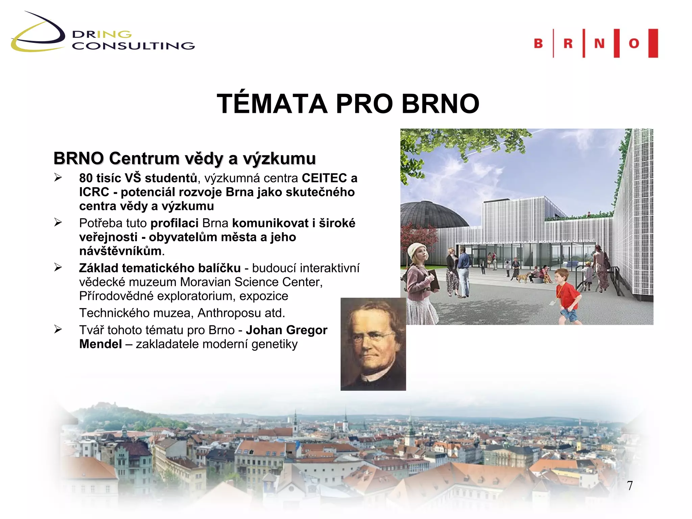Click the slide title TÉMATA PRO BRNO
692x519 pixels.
point(348,104)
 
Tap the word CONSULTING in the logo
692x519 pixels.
point(133,46)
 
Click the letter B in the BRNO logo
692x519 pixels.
point(538,44)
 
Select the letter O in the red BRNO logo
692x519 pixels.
point(634,44)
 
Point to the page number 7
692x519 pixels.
point(630,486)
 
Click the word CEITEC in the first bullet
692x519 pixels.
point(324,178)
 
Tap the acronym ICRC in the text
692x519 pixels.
point(94,192)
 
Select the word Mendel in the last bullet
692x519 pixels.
point(100,344)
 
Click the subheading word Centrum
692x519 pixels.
point(144,158)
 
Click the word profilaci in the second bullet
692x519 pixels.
point(174,223)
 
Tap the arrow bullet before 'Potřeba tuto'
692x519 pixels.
point(58,222)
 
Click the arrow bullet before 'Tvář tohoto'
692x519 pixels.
point(58,329)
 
